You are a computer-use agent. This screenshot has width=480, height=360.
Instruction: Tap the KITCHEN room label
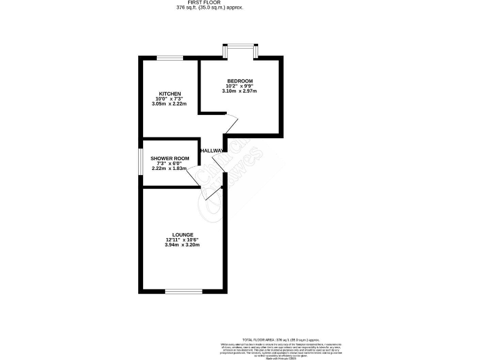(x=169, y=94)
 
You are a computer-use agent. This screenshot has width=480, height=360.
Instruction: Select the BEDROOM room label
(x=239, y=81)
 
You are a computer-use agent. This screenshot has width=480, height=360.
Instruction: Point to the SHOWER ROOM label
(x=170, y=159)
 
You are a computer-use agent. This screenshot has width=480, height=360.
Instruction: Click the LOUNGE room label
(x=182, y=234)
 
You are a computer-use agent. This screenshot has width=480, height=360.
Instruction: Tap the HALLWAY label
(x=212, y=151)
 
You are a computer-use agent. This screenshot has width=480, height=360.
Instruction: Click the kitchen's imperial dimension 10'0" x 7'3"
(x=169, y=99)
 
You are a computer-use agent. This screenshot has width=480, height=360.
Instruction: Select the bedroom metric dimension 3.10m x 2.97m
(x=239, y=91)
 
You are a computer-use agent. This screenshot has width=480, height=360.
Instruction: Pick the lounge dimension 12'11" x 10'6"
(x=182, y=240)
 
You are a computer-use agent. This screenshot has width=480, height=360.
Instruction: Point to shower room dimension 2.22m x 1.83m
(x=170, y=169)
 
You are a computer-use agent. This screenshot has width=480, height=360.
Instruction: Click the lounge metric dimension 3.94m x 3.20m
(x=182, y=245)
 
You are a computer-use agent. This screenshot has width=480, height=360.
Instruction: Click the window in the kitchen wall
(x=169, y=58)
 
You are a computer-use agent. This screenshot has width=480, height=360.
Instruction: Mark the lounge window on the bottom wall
(x=184, y=291)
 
